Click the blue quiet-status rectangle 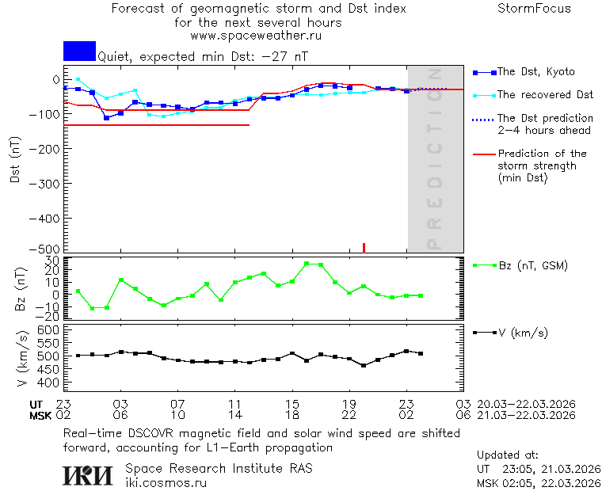pos(79,51)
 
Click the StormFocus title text pos(534,9)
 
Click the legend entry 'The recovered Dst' pos(545,95)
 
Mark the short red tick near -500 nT pos(364,248)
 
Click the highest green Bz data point pos(307,264)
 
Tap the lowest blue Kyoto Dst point pos(106,118)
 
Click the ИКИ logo pos(87,475)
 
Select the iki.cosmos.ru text pos(166,482)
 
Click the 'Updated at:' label pos(507,455)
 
